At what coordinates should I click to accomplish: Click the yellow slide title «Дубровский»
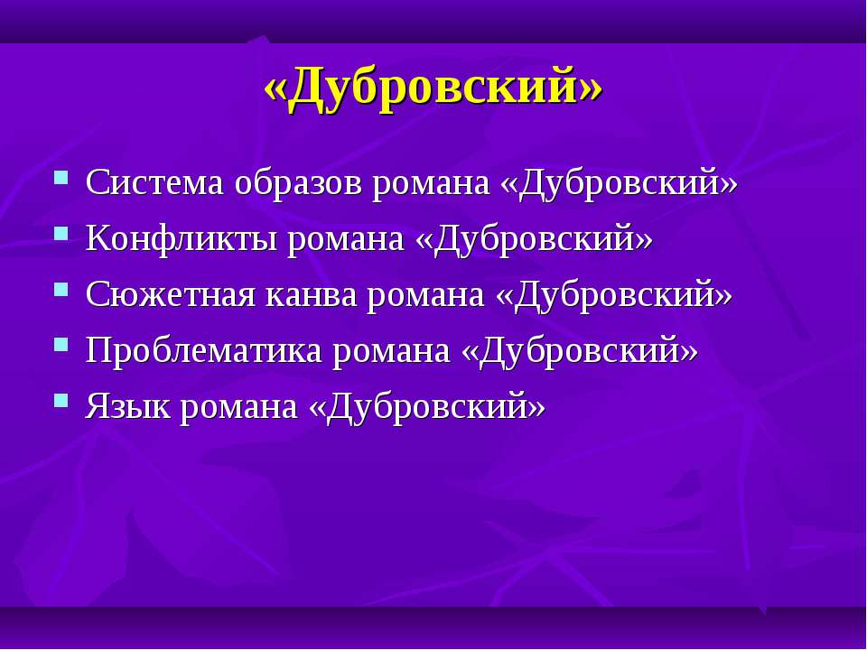(x=433, y=89)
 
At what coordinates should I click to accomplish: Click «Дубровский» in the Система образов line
(x=618, y=183)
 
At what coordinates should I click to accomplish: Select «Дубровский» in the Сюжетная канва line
(x=613, y=296)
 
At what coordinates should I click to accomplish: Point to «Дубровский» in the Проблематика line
(x=579, y=352)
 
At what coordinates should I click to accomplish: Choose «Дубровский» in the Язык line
(x=426, y=408)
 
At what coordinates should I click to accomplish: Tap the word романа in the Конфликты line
(x=346, y=240)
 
